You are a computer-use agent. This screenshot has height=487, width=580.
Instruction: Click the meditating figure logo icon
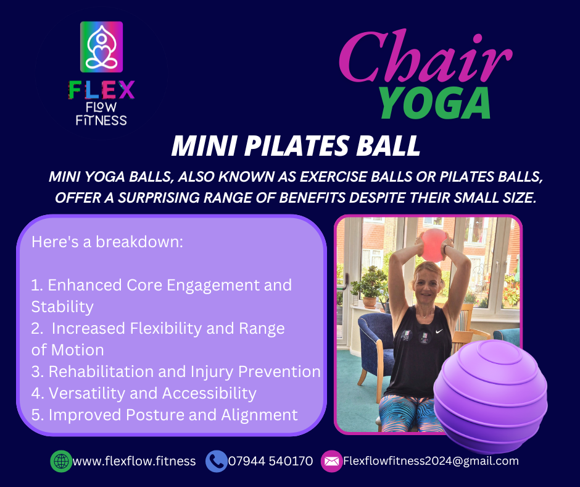101,47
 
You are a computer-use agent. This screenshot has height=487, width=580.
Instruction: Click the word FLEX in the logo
101,90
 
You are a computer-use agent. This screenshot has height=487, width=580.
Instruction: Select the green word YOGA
435,103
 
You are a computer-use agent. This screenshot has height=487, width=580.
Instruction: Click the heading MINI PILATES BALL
296,146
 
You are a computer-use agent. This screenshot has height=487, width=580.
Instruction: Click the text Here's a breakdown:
107,242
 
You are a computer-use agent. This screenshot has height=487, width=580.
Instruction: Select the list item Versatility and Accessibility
144,393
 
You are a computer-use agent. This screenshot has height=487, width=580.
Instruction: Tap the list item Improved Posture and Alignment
165,415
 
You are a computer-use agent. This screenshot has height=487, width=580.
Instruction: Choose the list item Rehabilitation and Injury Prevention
176,371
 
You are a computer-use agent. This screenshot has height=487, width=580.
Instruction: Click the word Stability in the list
62,307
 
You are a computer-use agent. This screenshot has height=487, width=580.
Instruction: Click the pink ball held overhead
433,245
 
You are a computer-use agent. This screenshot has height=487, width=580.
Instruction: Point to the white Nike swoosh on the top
439,331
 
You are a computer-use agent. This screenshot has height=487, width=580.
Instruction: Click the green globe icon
62,461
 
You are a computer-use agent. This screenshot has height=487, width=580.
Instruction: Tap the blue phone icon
217,461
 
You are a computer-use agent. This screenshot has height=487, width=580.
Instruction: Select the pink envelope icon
331,461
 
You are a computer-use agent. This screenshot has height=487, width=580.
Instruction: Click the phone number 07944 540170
270,461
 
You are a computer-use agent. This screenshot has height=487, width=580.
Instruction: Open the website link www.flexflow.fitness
135,461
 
